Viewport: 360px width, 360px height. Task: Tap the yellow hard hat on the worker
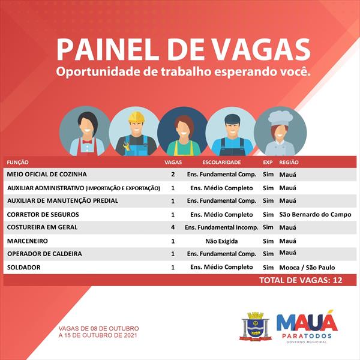pyautogui.click(x=136, y=117)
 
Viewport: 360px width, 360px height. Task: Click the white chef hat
pyautogui.click(x=280, y=118)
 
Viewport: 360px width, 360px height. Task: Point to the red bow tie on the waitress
pyautogui.click(x=87, y=142)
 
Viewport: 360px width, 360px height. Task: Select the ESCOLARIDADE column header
pyautogui.click(x=221, y=163)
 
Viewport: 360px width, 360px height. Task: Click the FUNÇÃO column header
pyautogui.click(x=17, y=163)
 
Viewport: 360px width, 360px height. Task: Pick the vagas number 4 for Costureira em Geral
pyautogui.click(x=173, y=227)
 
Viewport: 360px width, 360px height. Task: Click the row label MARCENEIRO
pyautogui.click(x=28, y=241)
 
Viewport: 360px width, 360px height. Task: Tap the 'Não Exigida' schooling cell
pyautogui.click(x=221, y=241)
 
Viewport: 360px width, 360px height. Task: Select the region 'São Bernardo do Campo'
pyautogui.click(x=315, y=214)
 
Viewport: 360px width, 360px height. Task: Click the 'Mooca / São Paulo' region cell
pyautogui.click(x=307, y=268)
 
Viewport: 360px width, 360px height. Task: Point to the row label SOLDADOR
pyautogui.click(x=23, y=267)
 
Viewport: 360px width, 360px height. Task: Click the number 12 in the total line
pyautogui.click(x=337, y=280)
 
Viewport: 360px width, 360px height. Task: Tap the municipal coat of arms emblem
pyautogui.click(x=255, y=326)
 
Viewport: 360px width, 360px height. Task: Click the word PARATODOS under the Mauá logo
pyautogui.click(x=307, y=336)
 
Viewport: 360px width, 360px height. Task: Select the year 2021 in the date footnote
pyautogui.click(x=130, y=335)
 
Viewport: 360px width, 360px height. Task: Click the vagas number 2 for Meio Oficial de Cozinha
pyautogui.click(x=173, y=174)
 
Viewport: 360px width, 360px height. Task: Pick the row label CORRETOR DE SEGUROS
pyautogui.click(x=43, y=214)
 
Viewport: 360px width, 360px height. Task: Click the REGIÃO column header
pyautogui.click(x=289, y=163)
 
